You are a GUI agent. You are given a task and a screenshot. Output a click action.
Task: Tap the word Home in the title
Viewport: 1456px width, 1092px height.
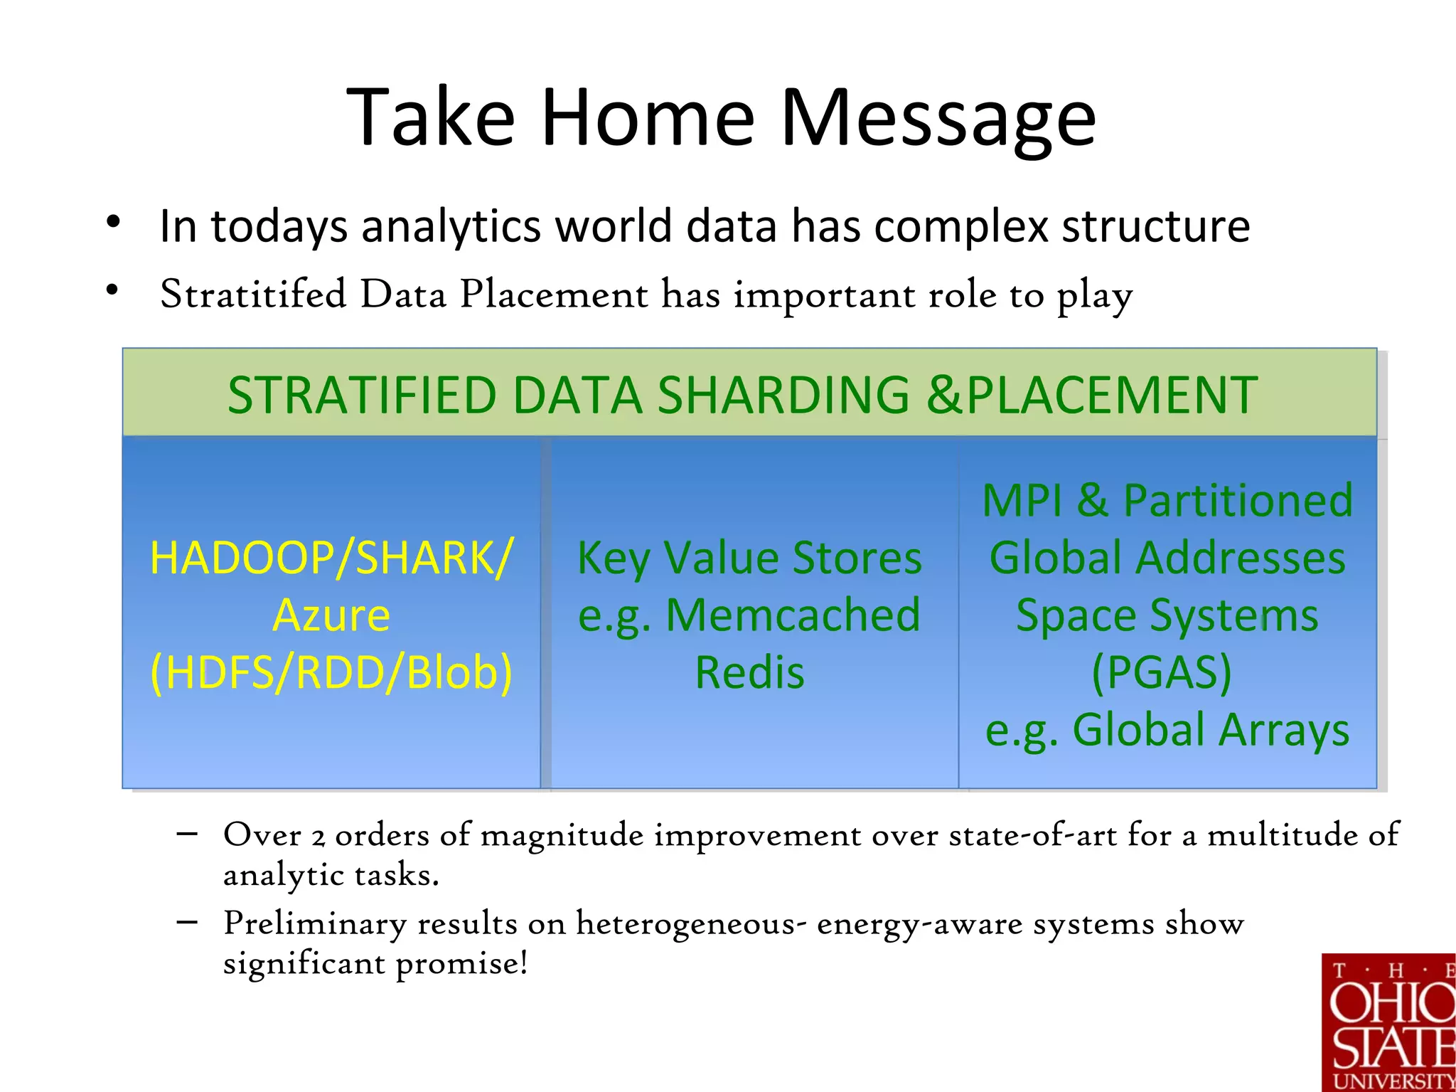[x=647, y=117]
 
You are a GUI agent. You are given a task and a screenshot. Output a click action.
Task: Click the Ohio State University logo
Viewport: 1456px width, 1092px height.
[x=1388, y=1022]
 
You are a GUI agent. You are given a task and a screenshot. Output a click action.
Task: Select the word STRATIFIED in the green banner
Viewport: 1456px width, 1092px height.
[x=361, y=396]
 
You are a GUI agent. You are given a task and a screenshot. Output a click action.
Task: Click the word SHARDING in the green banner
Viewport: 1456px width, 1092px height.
[x=783, y=396]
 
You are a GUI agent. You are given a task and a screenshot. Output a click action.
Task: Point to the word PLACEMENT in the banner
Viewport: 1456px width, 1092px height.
[x=1112, y=396]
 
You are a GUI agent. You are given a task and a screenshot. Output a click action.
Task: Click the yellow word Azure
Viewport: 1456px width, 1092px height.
[x=331, y=615]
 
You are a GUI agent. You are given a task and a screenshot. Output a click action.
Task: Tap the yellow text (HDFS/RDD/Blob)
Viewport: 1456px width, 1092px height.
[x=331, y=672]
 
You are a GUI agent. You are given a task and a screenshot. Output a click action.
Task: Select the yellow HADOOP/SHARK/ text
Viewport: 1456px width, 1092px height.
[x=331, y=558]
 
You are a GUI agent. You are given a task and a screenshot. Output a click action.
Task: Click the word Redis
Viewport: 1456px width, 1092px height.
[x=749, y=673]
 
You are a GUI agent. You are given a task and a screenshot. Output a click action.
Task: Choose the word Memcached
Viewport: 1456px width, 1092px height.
[x=793, y=615]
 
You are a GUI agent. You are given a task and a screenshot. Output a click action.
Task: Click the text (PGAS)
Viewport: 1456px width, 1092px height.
[x=1162, y=672]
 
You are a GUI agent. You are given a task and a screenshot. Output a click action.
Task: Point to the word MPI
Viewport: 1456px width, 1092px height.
[x=1022, y=500]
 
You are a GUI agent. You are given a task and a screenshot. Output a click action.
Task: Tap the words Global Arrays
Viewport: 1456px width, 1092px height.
[x=1210, y=731]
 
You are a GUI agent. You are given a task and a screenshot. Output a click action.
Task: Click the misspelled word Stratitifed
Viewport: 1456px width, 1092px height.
[x=253, y=294]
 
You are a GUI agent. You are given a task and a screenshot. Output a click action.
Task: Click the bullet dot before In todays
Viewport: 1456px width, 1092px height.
[x=113, y=223]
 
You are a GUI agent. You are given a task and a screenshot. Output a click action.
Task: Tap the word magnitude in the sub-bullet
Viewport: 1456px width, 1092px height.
[x=562, y=834]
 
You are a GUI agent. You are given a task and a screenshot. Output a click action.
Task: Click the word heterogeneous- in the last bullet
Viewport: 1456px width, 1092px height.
[x=690, y=924]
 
